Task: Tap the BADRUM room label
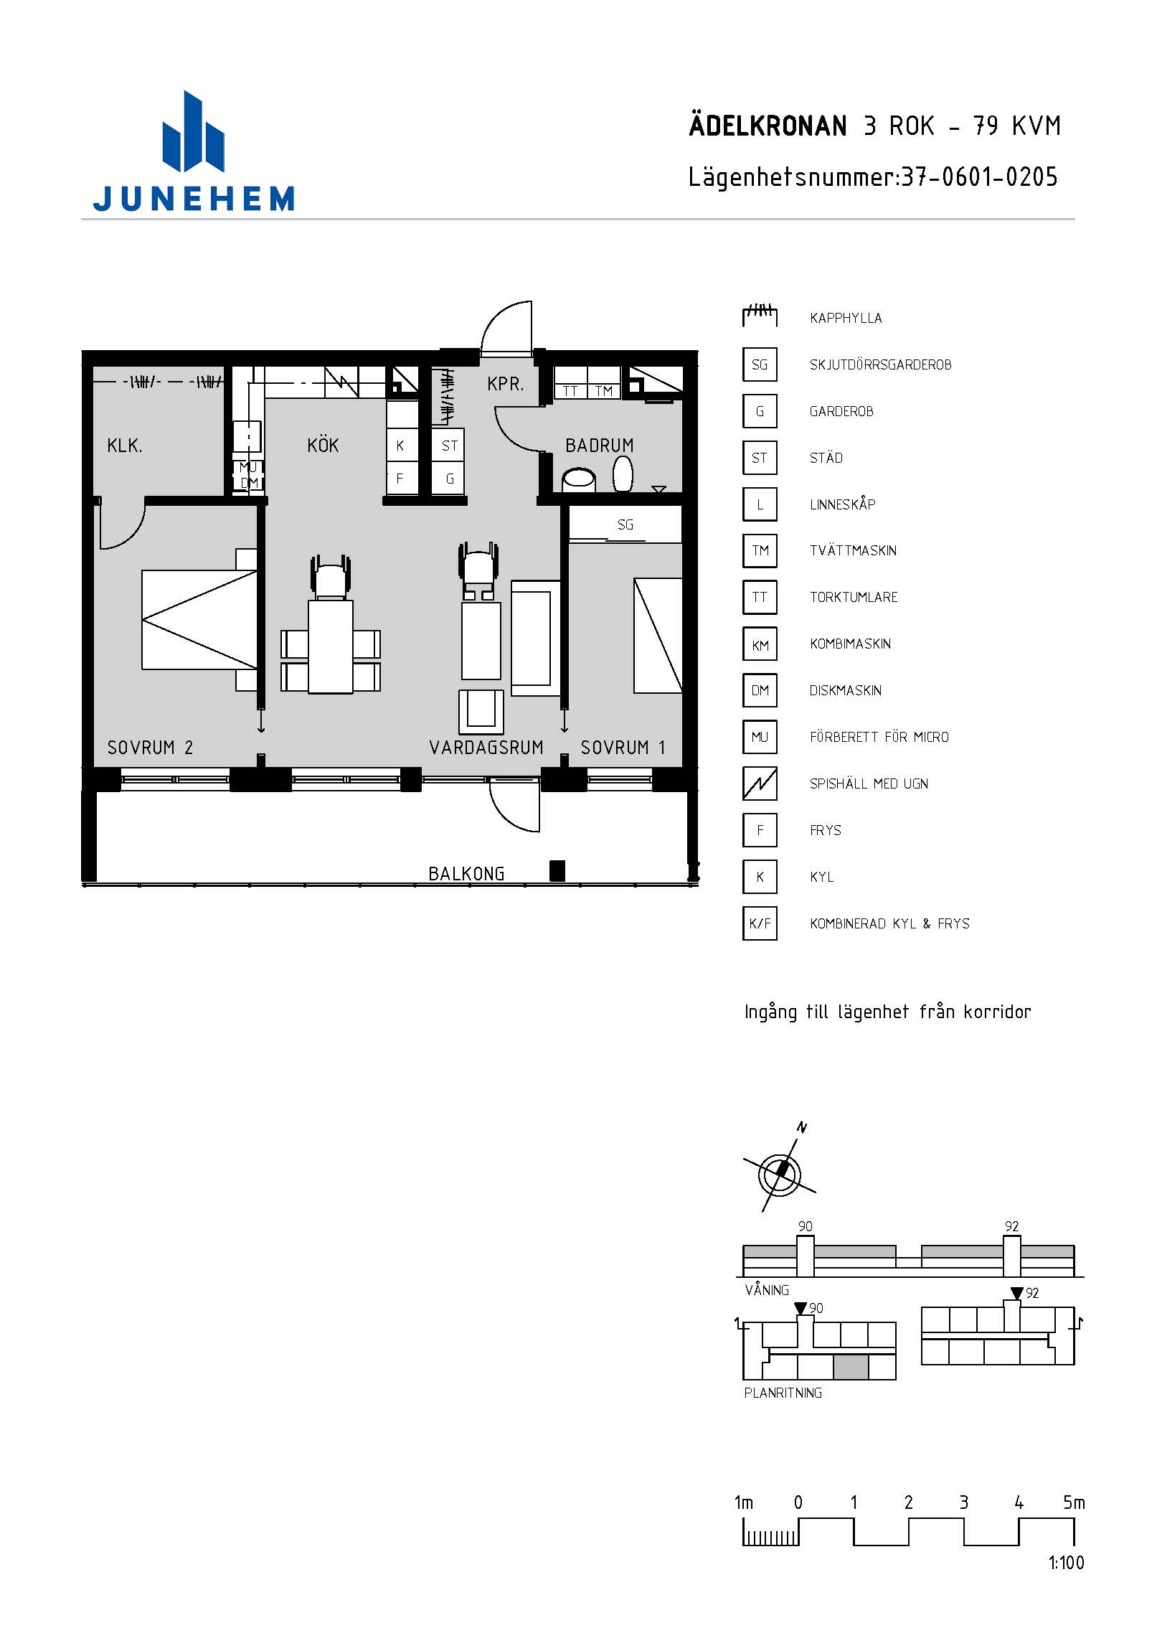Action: [600, 446]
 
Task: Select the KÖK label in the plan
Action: [323, 446]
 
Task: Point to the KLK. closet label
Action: [125, 446]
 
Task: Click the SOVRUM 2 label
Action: [150, 748]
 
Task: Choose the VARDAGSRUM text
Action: [486, 748]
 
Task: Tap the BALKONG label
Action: [466, 874]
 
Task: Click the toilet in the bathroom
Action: [623, 474]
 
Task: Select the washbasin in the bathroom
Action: [579, 479]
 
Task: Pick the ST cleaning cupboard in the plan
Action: [449, 446]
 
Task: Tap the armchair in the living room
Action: [481, 712]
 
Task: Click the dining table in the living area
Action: [331, 647]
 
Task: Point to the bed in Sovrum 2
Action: [199, 620]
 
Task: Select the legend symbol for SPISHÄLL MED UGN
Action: [760, 784]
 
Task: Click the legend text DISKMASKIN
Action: [846, 691]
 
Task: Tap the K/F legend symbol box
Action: [760, 923]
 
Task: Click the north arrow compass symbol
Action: [780, 1174]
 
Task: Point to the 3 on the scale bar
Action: [963, 1502]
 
